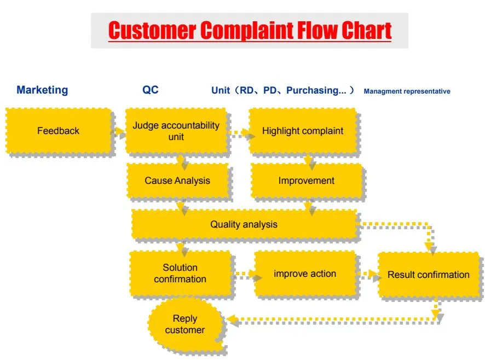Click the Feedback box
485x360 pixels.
point(58,131)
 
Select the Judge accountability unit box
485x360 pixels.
point(176,131)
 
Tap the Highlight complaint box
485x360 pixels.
point(302,131)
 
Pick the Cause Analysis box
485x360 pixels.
point(177,181)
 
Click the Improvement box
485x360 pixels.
point(306,181)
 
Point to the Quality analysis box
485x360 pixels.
point(244,224)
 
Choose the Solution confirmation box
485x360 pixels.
point(180,273)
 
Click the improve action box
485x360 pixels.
point(304,274)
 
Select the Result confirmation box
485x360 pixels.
point(428,275)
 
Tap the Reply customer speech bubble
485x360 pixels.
point(184,324)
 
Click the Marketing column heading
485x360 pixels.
point(42,90)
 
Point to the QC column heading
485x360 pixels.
point(151,90)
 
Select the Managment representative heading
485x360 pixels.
point(407,91)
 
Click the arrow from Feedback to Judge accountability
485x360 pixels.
point(118,131)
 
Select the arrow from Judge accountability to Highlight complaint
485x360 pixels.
point(240,132)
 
